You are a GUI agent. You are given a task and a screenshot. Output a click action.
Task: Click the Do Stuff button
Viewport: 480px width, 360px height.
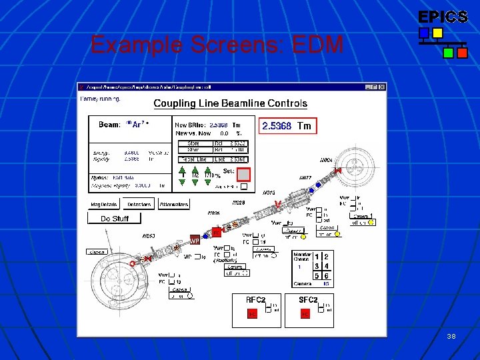point(115,218)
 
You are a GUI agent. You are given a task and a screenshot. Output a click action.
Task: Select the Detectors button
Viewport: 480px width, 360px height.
point(138,204)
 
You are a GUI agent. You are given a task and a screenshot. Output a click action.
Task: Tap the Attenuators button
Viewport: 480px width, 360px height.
point(174,204)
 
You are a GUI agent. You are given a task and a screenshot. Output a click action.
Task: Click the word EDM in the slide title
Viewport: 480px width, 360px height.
point(320,45)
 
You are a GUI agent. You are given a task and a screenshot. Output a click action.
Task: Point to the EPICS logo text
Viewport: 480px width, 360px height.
point(443,17)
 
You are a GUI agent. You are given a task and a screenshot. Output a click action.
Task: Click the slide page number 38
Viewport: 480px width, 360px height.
point(451,337)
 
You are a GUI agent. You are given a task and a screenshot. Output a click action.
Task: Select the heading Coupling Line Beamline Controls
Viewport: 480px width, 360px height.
point(230,103)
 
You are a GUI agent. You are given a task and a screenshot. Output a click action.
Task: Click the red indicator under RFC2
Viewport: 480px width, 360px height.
point(252,313)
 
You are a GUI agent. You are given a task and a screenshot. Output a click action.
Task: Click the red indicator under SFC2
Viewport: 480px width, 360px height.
point(305,313)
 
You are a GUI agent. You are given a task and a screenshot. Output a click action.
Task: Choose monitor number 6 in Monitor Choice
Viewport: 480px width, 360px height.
point(326,275)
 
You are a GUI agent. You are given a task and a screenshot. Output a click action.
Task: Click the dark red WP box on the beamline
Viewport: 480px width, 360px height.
point(195,240)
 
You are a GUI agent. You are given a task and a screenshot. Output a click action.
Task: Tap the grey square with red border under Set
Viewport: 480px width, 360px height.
point(244,175)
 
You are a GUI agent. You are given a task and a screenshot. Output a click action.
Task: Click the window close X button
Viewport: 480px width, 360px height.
point(383,87)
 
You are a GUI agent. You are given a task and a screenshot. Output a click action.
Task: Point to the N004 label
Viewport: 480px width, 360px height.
point(326,161)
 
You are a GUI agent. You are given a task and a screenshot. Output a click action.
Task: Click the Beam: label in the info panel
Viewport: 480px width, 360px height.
point(109,125)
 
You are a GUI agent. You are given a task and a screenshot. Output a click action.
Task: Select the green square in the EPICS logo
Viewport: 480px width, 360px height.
point(449,51)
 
